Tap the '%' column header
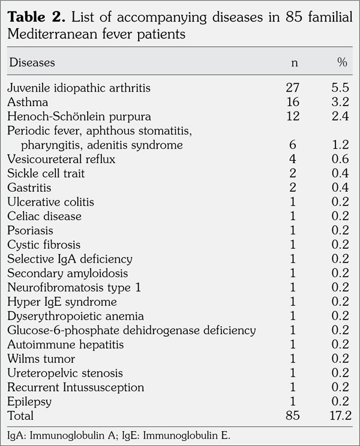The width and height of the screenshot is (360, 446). coord(342,62)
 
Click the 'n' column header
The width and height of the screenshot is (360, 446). coord(293,62)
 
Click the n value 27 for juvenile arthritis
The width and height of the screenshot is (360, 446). coord(292,88)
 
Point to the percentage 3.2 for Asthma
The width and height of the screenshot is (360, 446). coord(341,103)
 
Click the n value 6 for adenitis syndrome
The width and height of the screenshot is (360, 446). coord(292,145)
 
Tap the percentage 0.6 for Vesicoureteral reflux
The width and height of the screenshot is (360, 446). coord(341,159)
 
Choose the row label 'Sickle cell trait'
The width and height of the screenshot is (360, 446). coord(46,174)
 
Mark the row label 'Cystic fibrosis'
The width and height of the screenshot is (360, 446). coord(44,245)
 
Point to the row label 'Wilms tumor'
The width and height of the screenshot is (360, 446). coord(41,358)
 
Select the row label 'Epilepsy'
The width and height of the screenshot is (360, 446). coord(29,401)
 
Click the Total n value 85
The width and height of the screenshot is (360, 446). coord(292,415)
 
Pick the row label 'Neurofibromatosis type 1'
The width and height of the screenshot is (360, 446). coord(74,288)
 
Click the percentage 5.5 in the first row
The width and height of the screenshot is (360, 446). coord(341,88)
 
